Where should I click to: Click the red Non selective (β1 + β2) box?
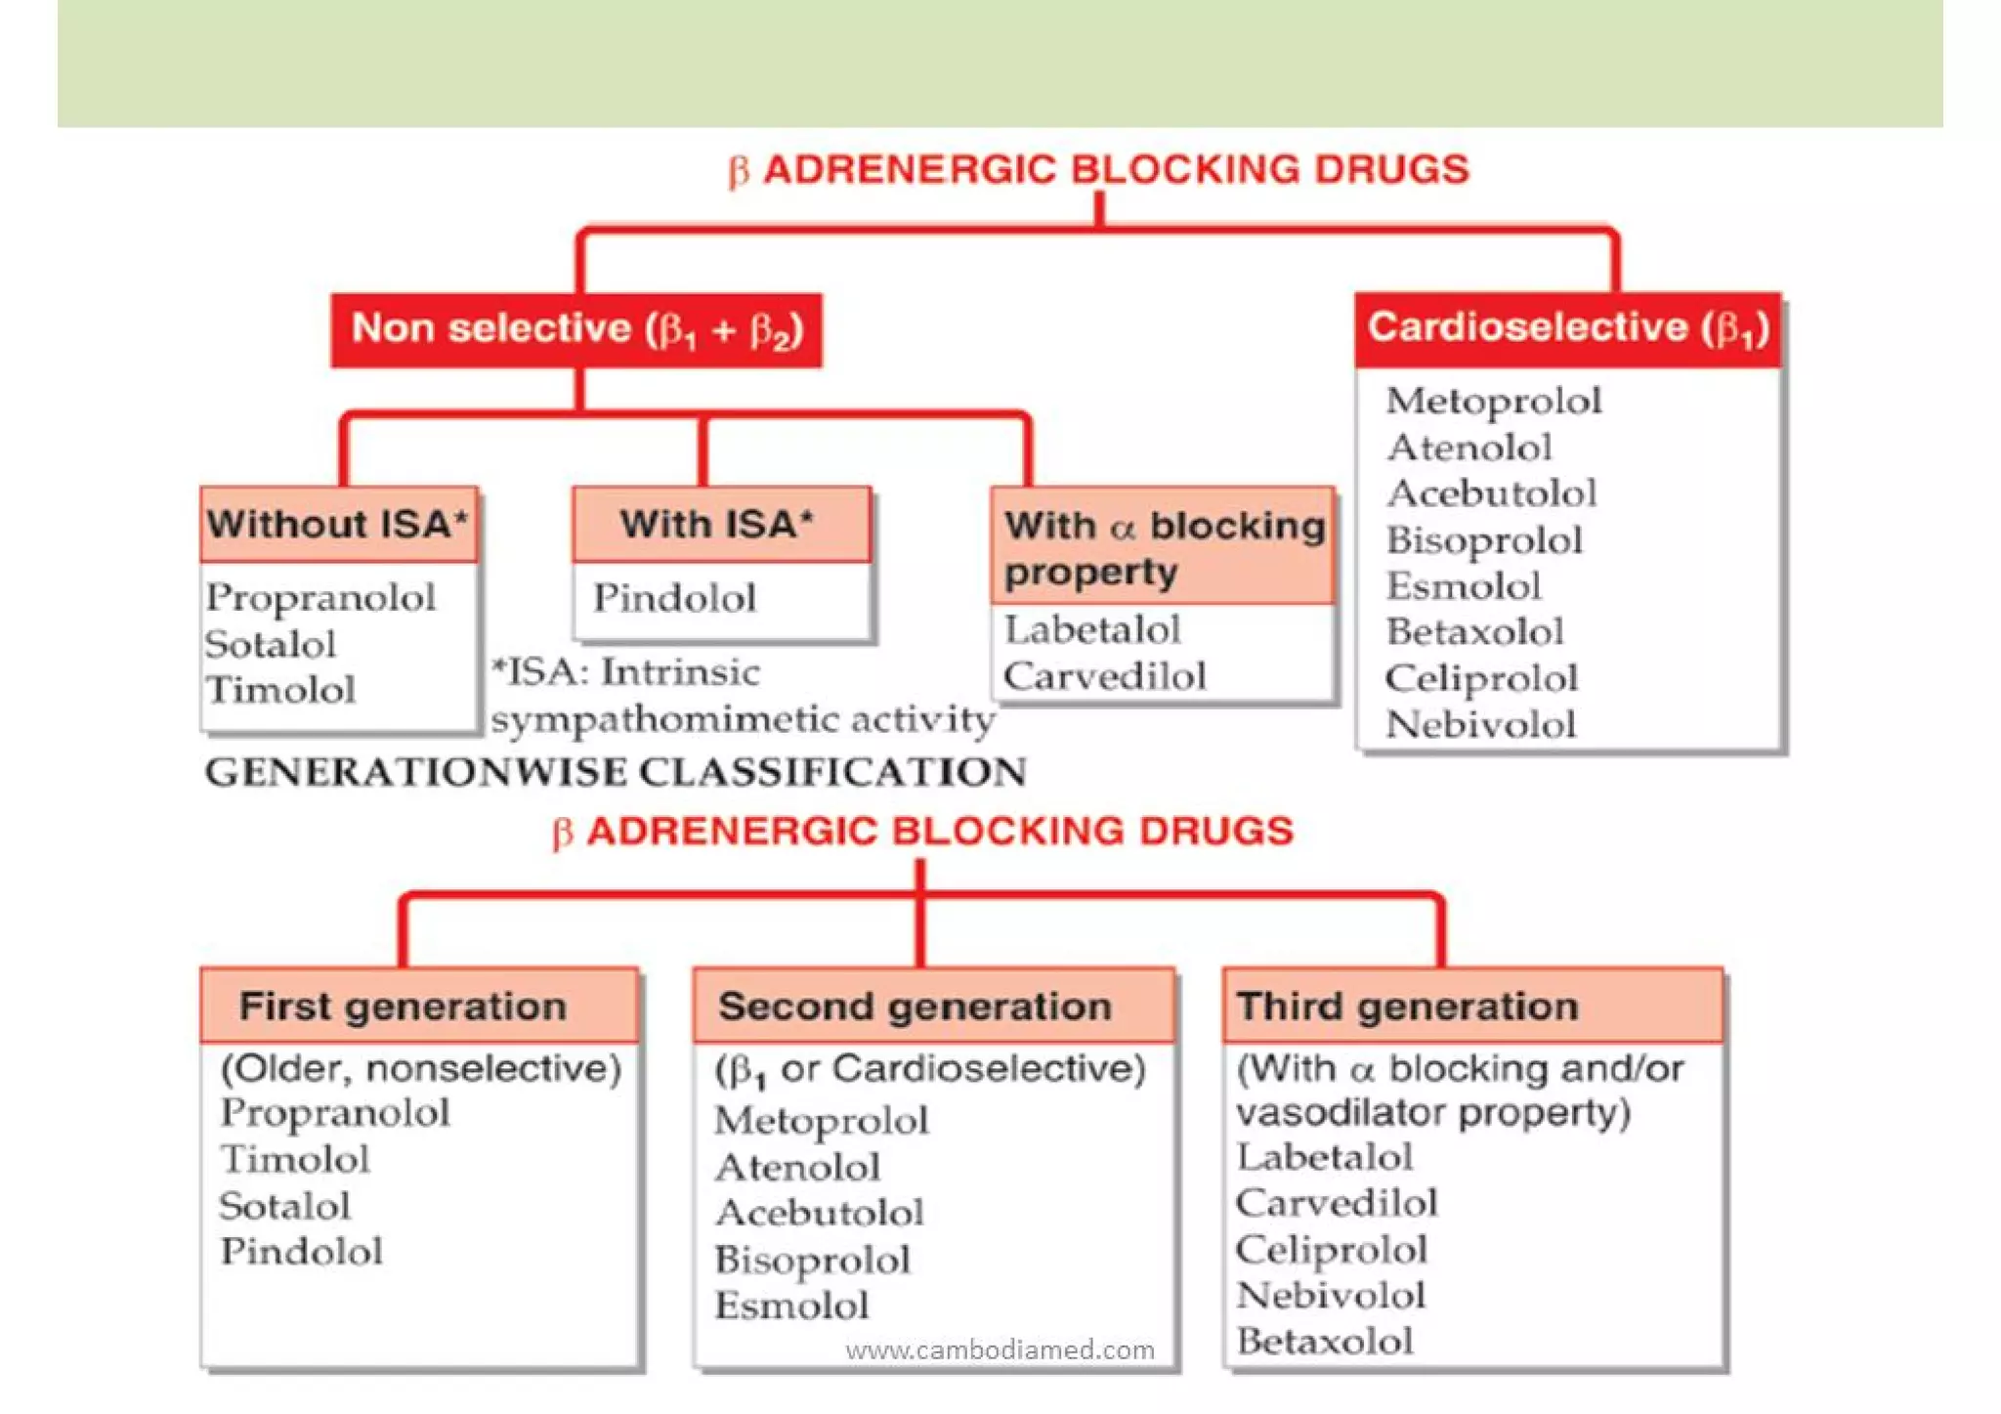[576, 330]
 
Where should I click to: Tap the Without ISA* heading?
[338, 525]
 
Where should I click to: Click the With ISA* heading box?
[720, 525]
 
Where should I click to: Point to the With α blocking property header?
[1163, 547]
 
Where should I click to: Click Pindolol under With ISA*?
[675, 598]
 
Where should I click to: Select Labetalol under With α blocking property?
[1093, 630]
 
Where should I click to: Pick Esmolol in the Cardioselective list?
[1464, 586]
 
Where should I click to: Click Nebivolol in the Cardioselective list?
[1480, 725]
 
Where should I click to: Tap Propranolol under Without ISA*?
[320, 598]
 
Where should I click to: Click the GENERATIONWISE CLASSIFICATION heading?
[616, 773]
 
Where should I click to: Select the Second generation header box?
[933, 1007]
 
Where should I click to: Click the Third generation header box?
[1471, 1007]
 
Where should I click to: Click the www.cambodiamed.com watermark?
[1000, 1350]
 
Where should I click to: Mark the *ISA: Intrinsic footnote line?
[626, 672]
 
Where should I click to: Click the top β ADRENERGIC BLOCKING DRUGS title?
[1099, 170]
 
